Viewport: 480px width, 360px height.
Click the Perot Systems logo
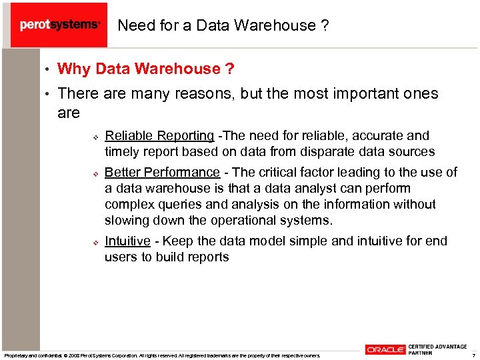[59, 25]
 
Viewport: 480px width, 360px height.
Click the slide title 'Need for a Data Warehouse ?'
[223, 25]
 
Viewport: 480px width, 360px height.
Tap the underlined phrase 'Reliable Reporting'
[159, 136]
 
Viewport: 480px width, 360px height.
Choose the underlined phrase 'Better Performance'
[162, 173]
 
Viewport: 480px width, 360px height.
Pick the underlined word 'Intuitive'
[127, 241]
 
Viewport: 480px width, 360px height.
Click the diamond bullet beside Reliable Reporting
[95, 137]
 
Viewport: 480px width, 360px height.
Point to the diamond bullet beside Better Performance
[95, 173]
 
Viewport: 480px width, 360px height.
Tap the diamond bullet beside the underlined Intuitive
[95, 241]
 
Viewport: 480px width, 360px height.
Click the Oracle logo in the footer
[385, 349]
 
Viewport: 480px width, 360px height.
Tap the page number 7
[473, 355]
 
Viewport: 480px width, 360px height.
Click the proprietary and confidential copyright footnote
[162, 355]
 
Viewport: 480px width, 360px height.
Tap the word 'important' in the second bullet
[351, 94]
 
